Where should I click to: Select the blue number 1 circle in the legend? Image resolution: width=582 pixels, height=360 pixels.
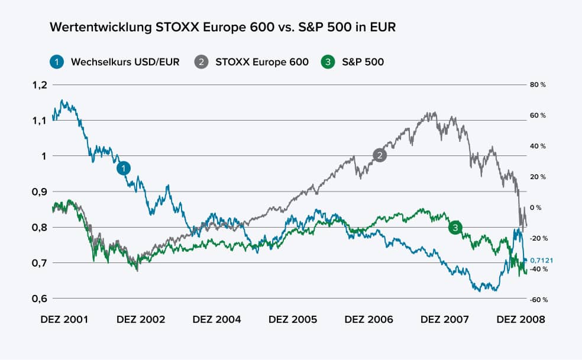coord(56,61)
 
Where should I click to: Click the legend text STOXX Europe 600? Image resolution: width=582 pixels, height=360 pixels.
coord(262,61)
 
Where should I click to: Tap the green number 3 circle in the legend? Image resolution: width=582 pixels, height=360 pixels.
coord(327,61)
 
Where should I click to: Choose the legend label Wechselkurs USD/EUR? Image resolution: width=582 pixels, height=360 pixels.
coord(125,61)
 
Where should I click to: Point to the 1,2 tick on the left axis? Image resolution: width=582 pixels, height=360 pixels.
coord(38,85)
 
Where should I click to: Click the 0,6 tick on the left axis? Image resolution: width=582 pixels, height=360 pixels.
coord(38,298)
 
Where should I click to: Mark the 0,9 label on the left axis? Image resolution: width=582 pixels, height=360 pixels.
coord(38,192)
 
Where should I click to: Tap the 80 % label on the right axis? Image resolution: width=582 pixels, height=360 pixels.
coord(538,85)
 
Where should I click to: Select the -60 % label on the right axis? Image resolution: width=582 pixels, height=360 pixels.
coord(537,300)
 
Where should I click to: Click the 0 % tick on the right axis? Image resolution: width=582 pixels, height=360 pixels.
coord(536,207)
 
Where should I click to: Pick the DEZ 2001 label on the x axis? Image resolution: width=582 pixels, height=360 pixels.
coord(64,319)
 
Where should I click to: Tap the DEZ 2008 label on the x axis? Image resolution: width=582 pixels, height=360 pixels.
coord(520,319)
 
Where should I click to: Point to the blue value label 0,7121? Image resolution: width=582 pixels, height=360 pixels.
coord(541,260)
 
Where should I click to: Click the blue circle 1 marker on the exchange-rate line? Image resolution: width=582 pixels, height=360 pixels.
coord(123,168)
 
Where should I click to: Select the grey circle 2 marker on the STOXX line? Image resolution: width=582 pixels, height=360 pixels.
coord(380,155)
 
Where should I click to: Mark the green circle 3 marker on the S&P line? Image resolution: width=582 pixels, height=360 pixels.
coord(455,228)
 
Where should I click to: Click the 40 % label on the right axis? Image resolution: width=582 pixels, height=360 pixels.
coord(538,146)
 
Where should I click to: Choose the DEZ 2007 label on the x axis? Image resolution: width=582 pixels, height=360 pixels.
coord(444,319)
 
